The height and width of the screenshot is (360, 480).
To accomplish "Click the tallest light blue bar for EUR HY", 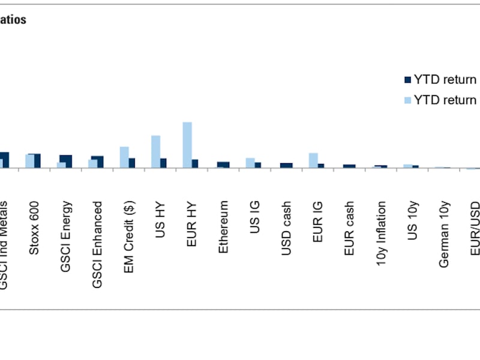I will tap(187, 145).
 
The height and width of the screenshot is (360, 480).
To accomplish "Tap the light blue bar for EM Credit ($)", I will tap(124, 157).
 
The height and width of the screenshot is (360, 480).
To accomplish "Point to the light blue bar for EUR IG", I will tap(313, 160).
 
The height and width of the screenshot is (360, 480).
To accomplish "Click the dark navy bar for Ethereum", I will tap(223, 164).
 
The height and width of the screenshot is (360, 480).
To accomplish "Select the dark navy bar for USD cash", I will tap(286, 165).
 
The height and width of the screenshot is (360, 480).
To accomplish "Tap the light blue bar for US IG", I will tap(250, 163).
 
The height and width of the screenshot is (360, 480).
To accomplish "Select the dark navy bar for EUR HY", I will tap(195, 163).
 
